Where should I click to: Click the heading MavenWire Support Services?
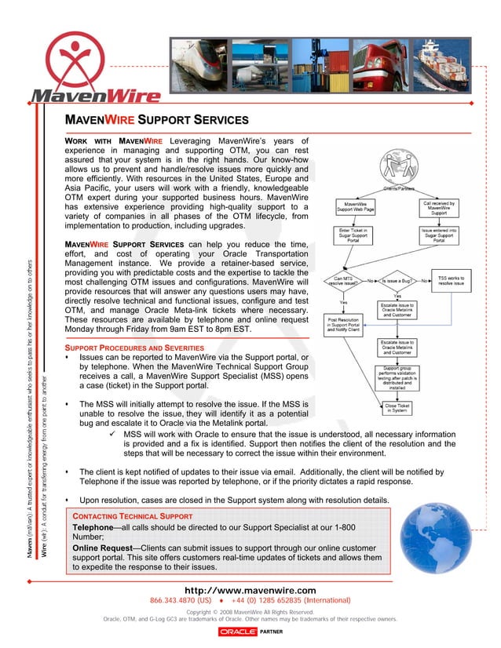[x=156, y=121]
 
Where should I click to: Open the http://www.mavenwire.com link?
[x=250, y=590]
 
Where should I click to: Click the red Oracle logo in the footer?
[x=238, y=631]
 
